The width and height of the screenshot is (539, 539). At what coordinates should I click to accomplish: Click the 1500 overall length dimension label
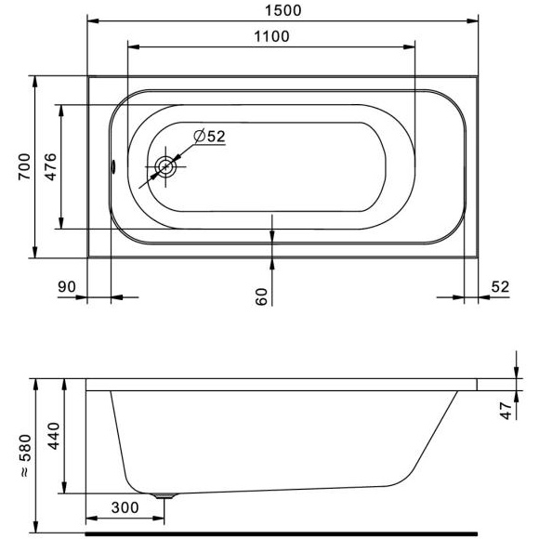tap(283, 10)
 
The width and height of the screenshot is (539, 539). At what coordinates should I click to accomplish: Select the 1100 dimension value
tap(271, 36)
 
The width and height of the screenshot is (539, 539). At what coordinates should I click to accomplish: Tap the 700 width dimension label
tap(24, 166)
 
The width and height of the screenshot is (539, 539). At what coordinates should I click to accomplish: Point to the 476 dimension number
tap(51, 167)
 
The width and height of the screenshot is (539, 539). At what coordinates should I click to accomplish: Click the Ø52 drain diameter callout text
tap(209, 136)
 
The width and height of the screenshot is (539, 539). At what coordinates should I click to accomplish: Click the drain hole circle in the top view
tap(165, 167)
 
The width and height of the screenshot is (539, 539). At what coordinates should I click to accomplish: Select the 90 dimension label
tap(67, 286)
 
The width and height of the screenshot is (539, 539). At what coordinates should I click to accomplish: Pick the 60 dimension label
tap(261, 296)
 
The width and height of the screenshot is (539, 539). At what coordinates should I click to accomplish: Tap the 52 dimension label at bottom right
tap(500, 286)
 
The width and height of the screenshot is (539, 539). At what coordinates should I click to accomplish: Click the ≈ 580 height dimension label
tap(26, 455)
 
